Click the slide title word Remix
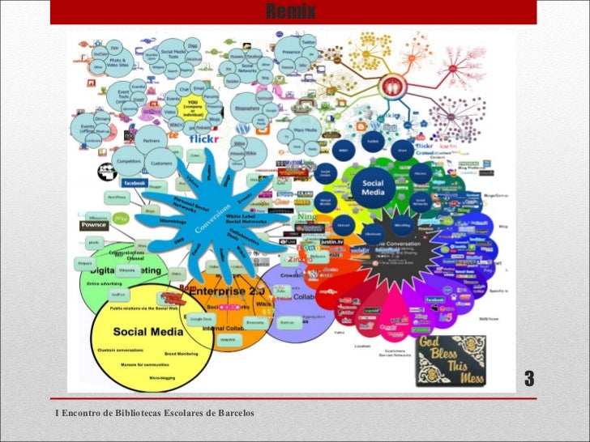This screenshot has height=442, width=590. click(290, 12)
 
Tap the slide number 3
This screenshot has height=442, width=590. click(529, 378)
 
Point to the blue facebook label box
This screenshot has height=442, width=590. click(134, 184)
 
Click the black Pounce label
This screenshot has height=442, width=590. click(93, 226)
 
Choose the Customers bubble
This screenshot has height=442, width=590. click(161, 163)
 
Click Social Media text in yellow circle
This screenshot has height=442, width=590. click(139, 332)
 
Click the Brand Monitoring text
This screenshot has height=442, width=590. click(182, 354)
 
